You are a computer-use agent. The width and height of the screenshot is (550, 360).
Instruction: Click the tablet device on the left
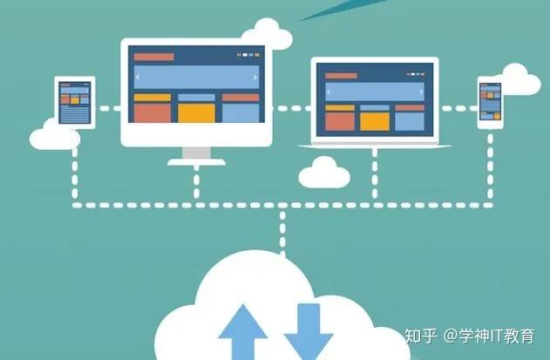[74, 103]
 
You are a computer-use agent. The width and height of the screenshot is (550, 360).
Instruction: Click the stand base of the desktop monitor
[196, 160]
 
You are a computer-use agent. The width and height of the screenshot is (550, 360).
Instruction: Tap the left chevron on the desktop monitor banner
[137, 78]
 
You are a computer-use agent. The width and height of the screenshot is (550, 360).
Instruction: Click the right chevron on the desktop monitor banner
[255, 78]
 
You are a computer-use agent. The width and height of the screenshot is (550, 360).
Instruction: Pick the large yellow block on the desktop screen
[196, 112]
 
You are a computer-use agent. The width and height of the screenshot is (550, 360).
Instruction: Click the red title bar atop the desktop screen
[153, 57]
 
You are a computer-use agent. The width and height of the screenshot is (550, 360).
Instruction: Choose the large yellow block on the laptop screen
[374, 119]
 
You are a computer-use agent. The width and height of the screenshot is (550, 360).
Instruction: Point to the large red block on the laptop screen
[340, 119]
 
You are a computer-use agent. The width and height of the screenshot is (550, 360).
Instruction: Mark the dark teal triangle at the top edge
[327, 7]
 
